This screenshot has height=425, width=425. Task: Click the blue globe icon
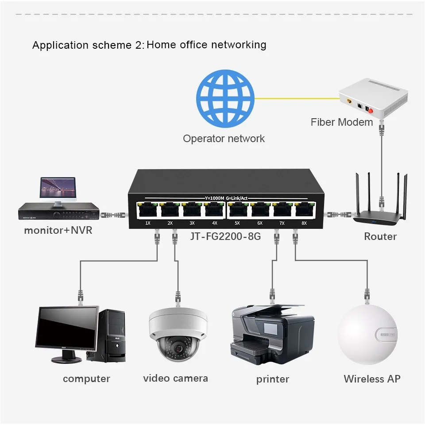(225, 98)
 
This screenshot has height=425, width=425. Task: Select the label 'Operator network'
(224, 139)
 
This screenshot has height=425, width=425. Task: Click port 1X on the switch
(147, 210)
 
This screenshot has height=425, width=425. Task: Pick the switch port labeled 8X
(304, 210)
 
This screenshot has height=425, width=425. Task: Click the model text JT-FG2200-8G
(225, 236)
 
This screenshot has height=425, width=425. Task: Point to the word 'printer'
(272, 379)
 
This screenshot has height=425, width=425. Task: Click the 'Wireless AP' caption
(372, 379)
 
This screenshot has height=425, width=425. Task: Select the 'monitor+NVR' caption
(58, 230)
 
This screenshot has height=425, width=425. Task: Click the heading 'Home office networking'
(206, 45)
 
